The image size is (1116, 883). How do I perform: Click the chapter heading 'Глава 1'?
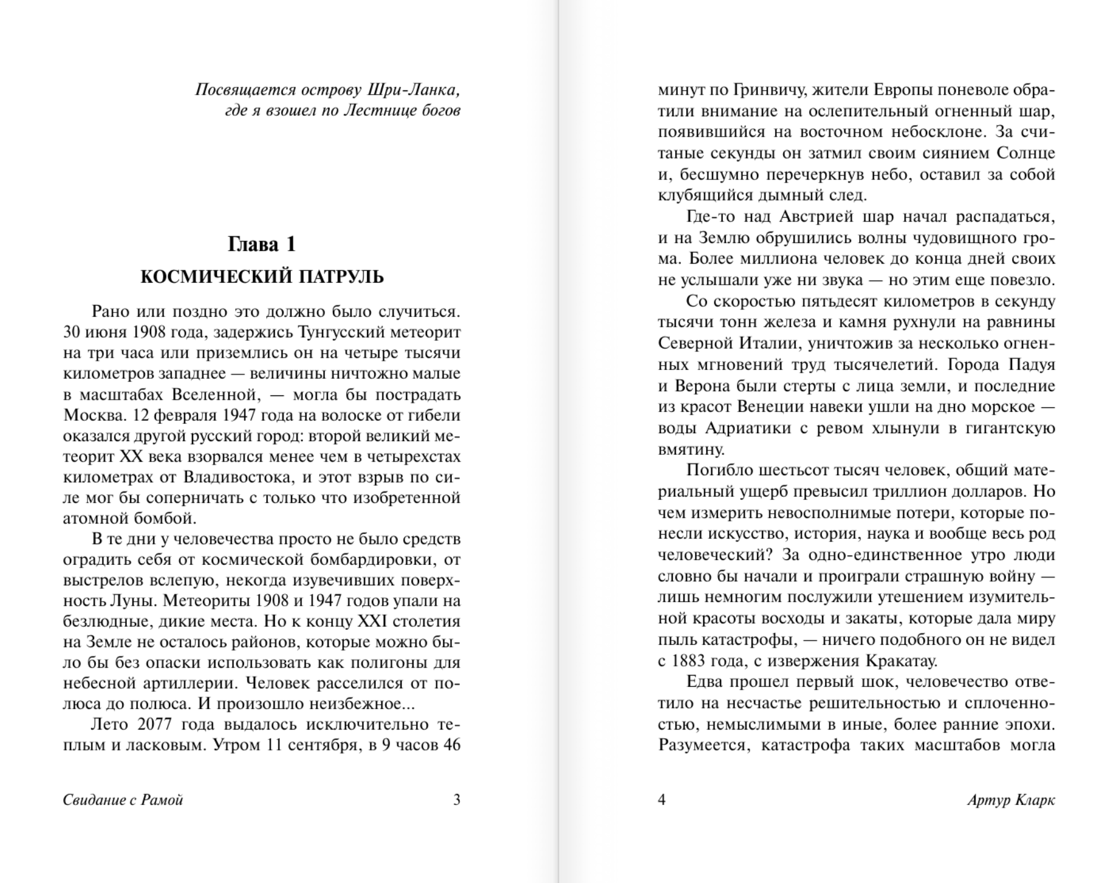(x=262, y=244)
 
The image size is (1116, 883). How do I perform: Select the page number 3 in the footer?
(x=457, y=800)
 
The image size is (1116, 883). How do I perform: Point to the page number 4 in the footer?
(x=662, y=800)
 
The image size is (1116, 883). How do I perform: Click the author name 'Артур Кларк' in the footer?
(x=1011, y=800)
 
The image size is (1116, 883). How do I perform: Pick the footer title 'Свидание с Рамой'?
(x=123, y=800)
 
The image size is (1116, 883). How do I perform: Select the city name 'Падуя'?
(x=1031, y=364)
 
